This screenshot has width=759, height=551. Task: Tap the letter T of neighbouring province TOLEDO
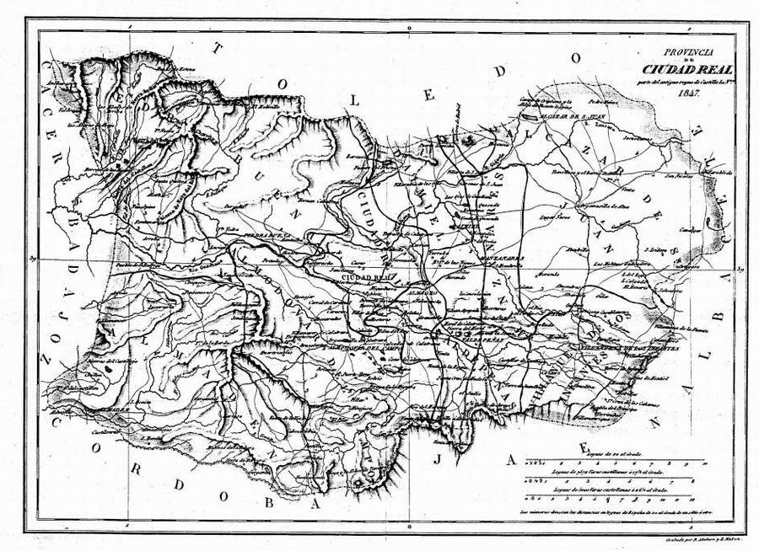(x=218, y=48)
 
